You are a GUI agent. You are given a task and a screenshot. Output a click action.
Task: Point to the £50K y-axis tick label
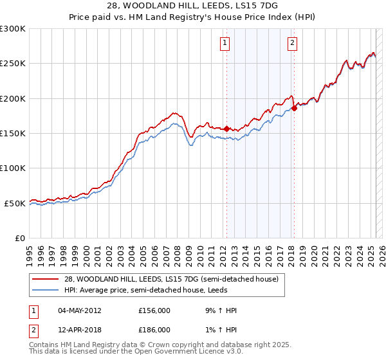15,203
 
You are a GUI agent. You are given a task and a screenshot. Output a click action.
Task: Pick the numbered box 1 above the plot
225,43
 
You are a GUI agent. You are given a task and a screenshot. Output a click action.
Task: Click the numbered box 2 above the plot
292,43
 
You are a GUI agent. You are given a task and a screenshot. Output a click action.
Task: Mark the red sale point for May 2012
226,129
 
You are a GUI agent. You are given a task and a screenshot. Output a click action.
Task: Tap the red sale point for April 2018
294,109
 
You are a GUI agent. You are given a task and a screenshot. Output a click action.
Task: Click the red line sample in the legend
46,280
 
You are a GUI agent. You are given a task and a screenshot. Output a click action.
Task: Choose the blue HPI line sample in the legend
46,290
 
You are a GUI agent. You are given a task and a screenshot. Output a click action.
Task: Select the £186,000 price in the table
154,330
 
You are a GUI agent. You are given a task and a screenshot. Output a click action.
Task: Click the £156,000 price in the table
154,310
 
